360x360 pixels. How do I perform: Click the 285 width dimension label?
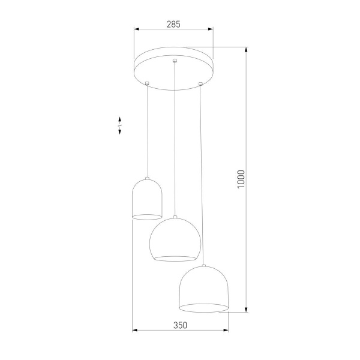point(173,24)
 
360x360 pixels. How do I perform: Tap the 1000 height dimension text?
point(241,179)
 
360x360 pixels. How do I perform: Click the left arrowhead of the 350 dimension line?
point(134,330)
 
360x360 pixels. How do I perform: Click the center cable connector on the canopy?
point(174,61)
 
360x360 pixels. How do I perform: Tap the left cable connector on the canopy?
point(147,83)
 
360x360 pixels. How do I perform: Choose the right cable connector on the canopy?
point(200,83)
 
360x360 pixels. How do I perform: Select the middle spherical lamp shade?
point(174,240)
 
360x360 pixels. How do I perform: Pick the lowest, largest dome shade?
point(204,288)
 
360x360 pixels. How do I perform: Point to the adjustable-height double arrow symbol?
point(119,125)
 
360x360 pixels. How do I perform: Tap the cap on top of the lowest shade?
point(204,265)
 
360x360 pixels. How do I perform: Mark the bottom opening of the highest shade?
point(147,215)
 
